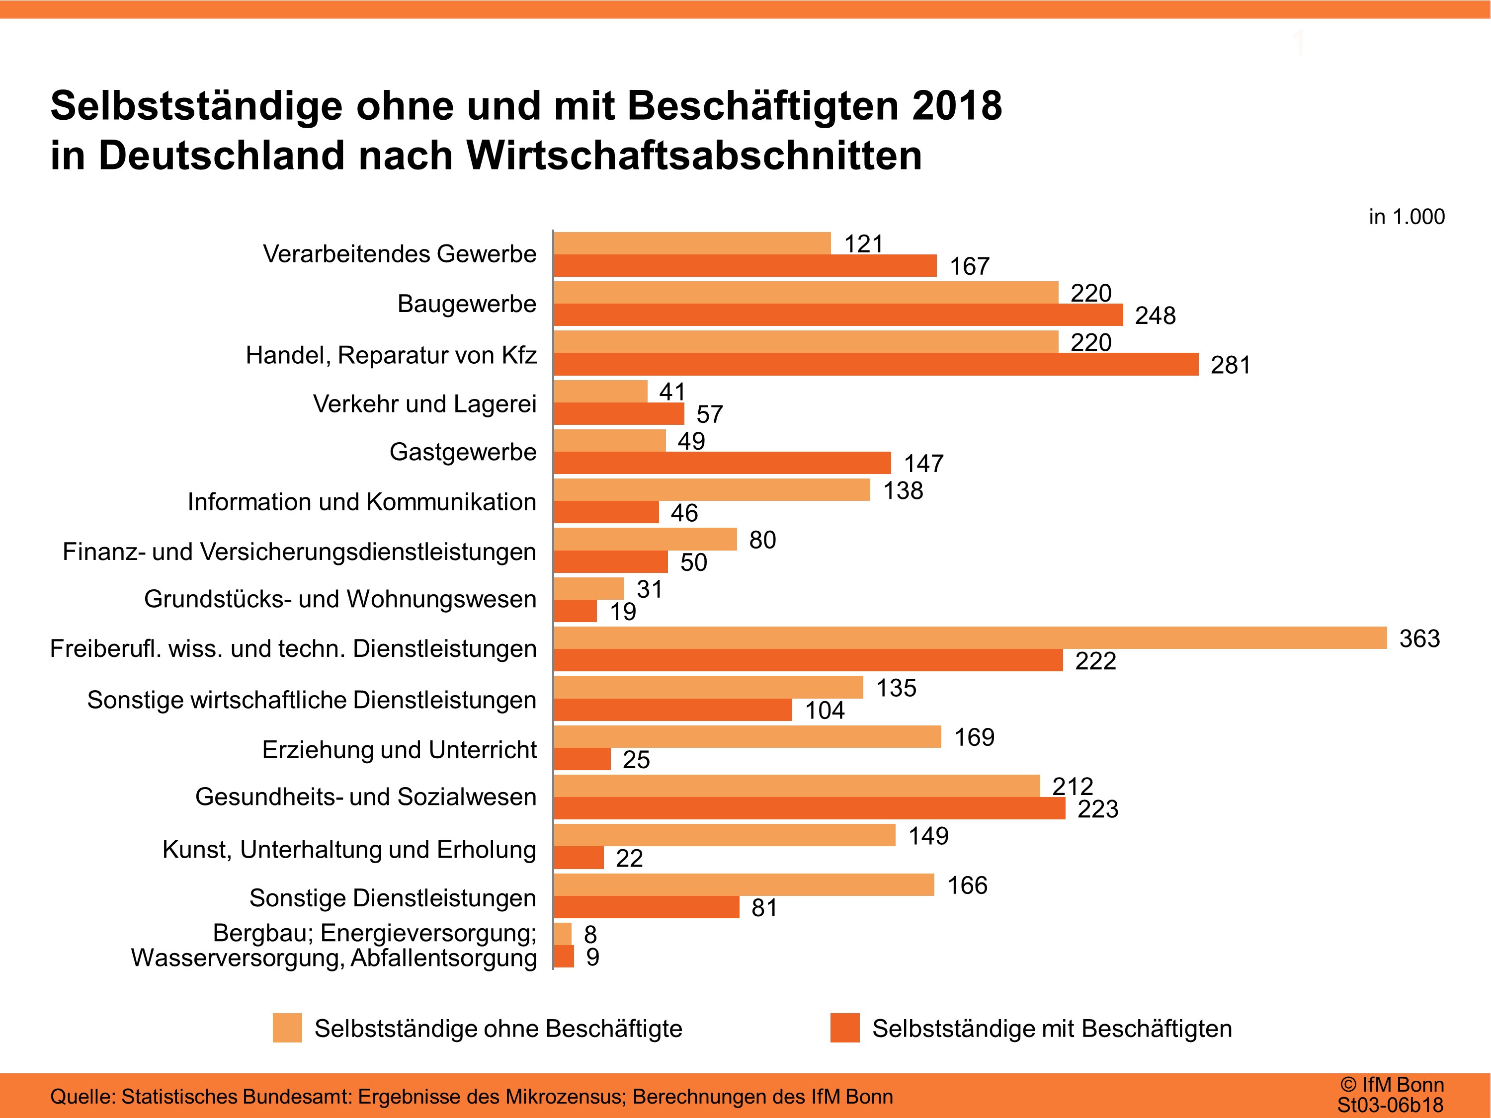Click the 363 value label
click(1419, 638)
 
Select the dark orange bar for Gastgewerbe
click(722, 463)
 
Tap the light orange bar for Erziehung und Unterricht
click(747, 736)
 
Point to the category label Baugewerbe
click(467, 304)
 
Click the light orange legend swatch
click(287, 1028)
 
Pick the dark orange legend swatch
click(844, 1028)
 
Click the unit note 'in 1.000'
click(1406, 217)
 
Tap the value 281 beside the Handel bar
click(1230, 365)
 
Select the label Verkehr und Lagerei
click(424, 403)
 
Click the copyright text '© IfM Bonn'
click(1392, 1084)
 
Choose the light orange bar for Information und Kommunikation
click(712, 490)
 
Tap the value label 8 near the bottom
click(590, 935)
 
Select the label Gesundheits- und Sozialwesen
click(365, 797)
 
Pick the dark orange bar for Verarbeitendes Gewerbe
click(745, 265)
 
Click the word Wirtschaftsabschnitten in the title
click(694, 156)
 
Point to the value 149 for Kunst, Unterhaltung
click(928, 836)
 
